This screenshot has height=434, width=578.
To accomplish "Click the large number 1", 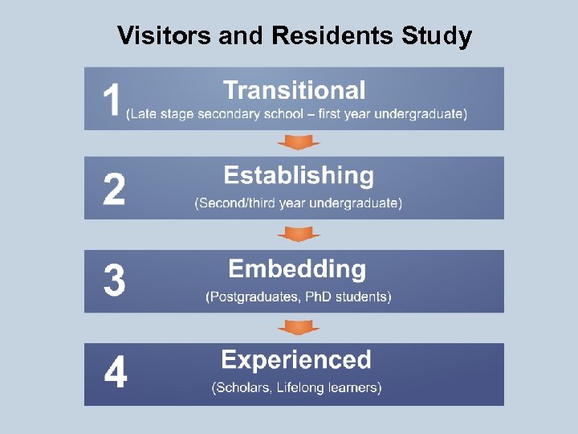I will (112, 101).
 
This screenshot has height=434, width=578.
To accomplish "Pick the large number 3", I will (114, 281).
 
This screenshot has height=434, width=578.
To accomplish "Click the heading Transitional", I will (294, 90).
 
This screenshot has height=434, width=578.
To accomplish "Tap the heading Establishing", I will (299, 175).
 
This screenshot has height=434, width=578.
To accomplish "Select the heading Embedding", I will (297, 268).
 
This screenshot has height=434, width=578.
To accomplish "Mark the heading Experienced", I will (296, 359).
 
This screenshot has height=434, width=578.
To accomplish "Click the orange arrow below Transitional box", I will (299, 142).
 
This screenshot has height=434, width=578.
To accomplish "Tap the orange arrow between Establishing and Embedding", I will (299, 234).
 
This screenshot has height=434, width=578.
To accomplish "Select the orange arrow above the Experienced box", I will (299, 327).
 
